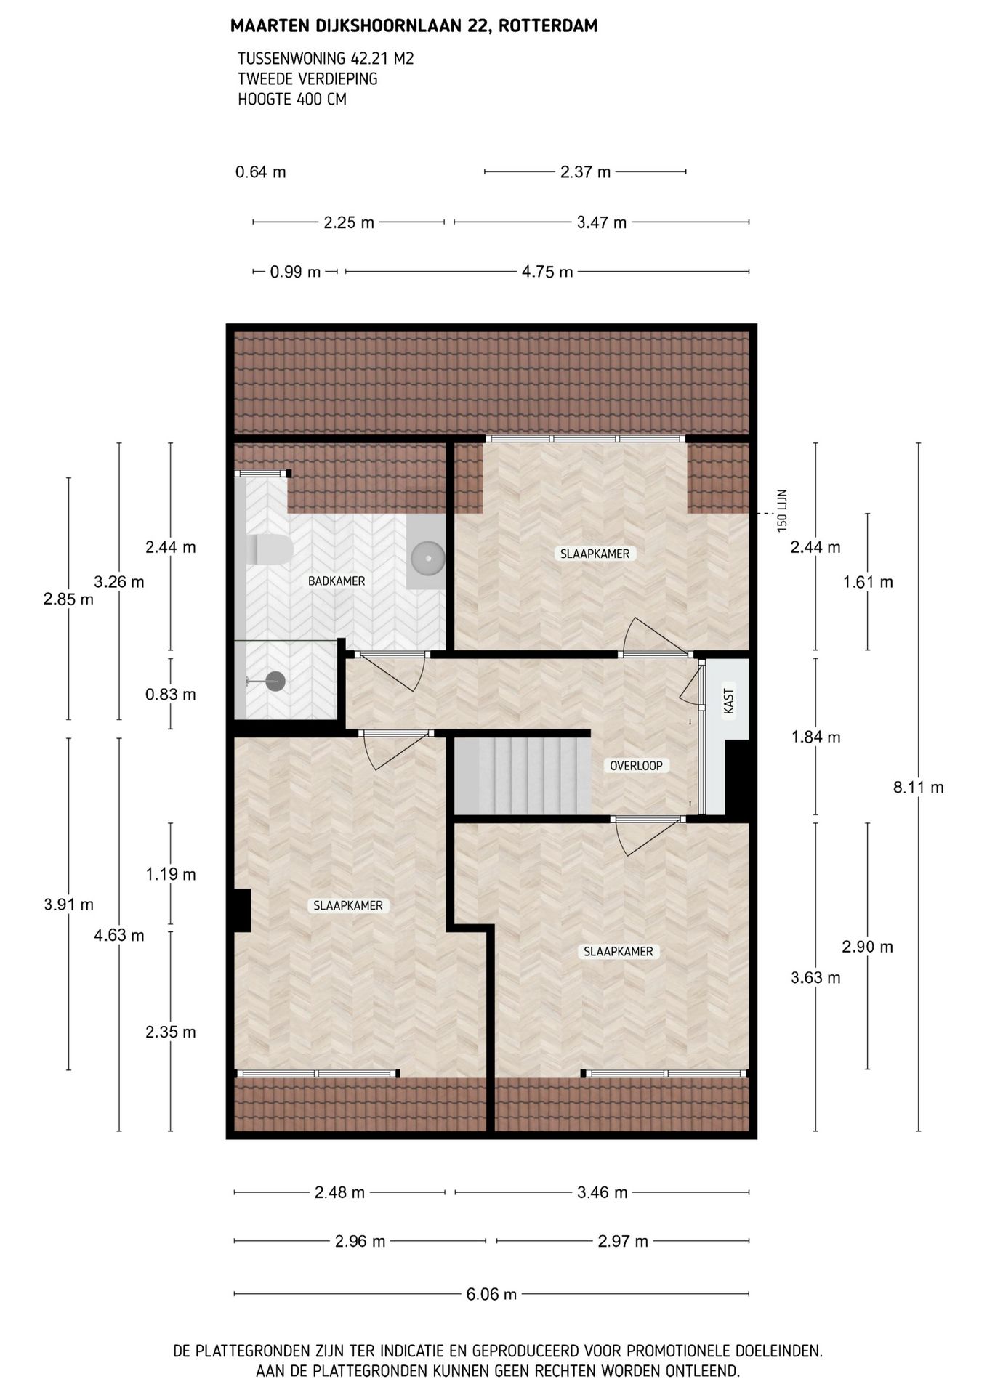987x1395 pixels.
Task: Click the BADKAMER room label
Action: (337, 581)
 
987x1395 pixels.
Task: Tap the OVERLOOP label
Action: (636, 765)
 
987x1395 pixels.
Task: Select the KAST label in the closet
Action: (729, 701)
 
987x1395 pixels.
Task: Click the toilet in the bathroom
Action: (270, 550)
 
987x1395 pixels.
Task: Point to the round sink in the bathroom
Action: (427, 558)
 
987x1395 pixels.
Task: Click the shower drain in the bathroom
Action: (275, 682)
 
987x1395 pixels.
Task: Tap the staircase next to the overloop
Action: (522, 776)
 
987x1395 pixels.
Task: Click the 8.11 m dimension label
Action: (918, 787)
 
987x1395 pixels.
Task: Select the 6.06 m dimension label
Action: (491, 1294)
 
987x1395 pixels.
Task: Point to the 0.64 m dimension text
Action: (261, 172)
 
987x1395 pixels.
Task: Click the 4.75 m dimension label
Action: (547, 272)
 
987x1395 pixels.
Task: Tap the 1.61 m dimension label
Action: (868, 582)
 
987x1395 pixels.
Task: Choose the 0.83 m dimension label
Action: (171, 694)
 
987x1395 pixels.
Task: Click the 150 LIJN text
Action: (782, 511)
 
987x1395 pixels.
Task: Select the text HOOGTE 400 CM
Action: (292, 100)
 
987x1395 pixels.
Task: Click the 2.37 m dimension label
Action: (586, 172)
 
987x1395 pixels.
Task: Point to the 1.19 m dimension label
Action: (171, 874)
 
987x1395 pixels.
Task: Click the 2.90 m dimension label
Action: (868, 947)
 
